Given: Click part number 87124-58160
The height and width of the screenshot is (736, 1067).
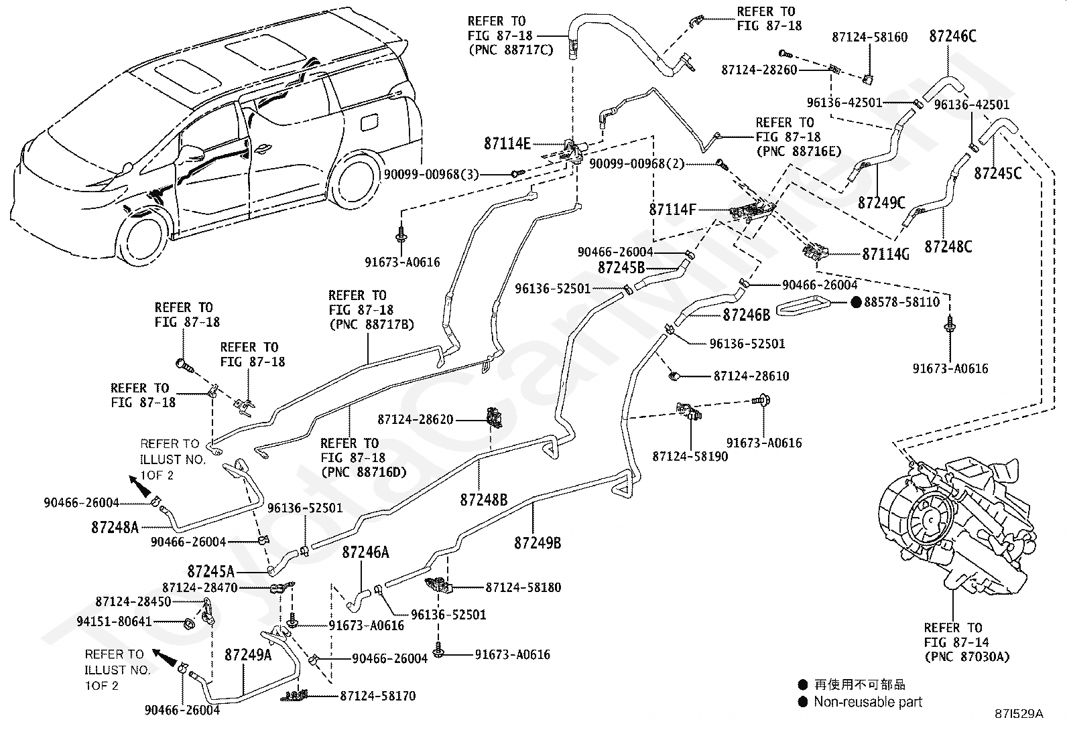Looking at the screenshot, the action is tap(870, 37).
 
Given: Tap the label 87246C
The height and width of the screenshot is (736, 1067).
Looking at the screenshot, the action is tap(952, 36).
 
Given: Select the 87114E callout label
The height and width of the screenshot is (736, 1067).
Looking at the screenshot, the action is tap(507, 143).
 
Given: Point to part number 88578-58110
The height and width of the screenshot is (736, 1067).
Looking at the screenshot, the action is tap(901, 302).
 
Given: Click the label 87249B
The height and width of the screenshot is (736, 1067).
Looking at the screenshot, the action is tap(538, 542).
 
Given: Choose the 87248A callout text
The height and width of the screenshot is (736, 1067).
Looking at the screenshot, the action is tap(115, 528).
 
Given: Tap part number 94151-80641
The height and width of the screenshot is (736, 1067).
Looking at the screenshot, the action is tap(115, 621).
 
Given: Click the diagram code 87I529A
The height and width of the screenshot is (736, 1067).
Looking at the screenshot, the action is tap(1019, 714).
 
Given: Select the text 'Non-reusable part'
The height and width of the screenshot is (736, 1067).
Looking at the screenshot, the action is tap(868, 702).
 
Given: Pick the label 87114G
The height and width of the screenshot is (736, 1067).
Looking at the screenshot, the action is tap(885, 254).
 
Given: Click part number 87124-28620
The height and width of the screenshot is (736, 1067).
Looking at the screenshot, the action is tap(416, 419).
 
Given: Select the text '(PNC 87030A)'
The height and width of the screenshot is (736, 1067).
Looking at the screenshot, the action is tap(967, 657).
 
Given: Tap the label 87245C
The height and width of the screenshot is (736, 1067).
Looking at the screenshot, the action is tap(998, 173).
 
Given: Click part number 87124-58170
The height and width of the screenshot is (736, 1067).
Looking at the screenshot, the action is tap(378, 696).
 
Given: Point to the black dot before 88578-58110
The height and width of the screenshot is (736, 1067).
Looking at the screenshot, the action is tap(856, 302).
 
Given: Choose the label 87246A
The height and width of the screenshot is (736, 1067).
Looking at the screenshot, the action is tap(366, 553).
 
